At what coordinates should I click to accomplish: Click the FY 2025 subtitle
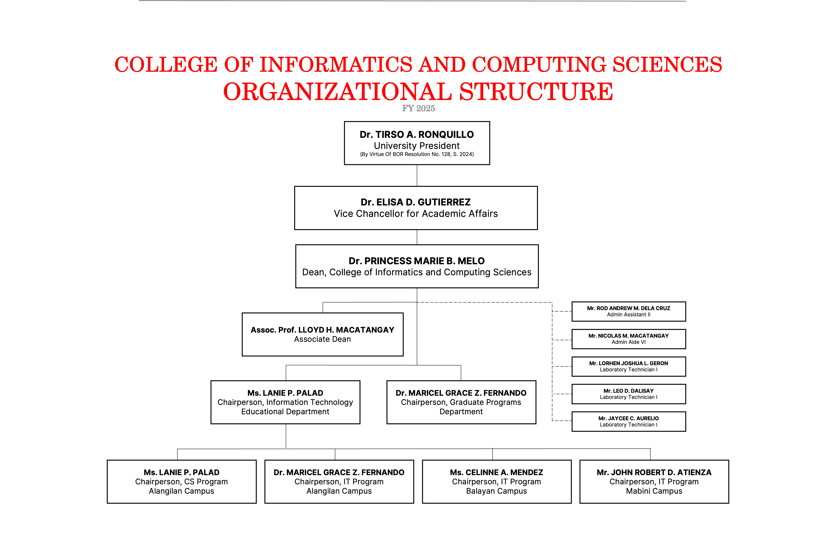pos(418,108)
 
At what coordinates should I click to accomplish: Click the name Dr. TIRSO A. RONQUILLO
pos(417,134)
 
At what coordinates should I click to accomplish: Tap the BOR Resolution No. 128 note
pos(417,154)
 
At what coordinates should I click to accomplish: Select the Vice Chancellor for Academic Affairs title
pos(416,213)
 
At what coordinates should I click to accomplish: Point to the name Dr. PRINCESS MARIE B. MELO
pos(417,261)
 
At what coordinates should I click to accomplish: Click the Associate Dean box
pos(322,334)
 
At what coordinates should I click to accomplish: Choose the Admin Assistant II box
pos(629,312)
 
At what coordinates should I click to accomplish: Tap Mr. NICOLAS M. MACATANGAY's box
pos(629,339)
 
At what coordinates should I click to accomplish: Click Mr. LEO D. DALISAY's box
pos(629,394)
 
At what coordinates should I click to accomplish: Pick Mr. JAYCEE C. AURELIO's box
pos(629,421)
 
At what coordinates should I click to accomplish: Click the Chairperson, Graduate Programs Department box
pos(461,402)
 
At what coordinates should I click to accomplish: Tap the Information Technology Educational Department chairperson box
pos(285,402)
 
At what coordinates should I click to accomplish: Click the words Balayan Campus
pos(496,491)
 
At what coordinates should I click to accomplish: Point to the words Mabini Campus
pos(654,491)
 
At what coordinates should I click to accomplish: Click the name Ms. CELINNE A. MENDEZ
pos(496,472)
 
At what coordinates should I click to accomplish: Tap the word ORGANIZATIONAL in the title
pos(337,92)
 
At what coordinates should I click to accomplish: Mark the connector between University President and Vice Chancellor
pos(417,175)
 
